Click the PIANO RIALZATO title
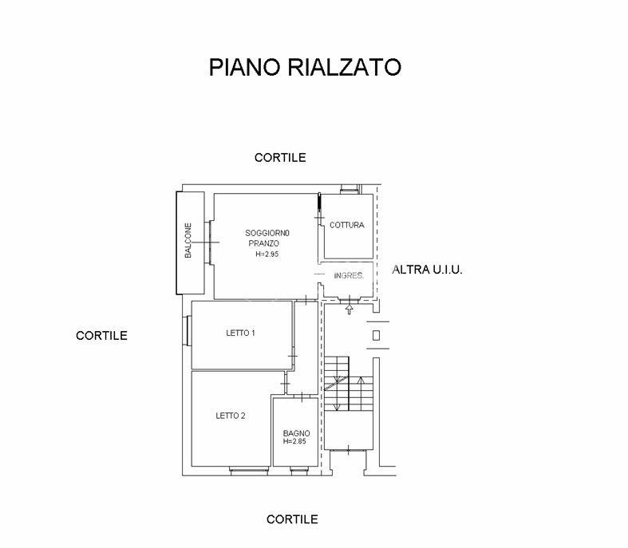pos(305,67)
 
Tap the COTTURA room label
pos(347,225)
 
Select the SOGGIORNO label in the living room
pos(267,233)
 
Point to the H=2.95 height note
pos(267,254)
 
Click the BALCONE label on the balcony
pos(188,240)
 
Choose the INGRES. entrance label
pos(349,275)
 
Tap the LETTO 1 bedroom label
pos(240,333)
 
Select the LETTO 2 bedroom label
pos(231,416)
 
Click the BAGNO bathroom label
pos(296,433)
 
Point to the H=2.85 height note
pos(294,441)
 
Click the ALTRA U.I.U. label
pos(427,270)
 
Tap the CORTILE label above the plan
pos(280,158)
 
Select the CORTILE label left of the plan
pos(101,336)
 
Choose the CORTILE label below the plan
pos(292,519)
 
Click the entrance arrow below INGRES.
pos(350,309)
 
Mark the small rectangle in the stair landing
pos(376,335)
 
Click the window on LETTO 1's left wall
pos(188,331)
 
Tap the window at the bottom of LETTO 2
pos(249,471)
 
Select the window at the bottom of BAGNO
pos(299,471)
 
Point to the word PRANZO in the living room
pos(263,243)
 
